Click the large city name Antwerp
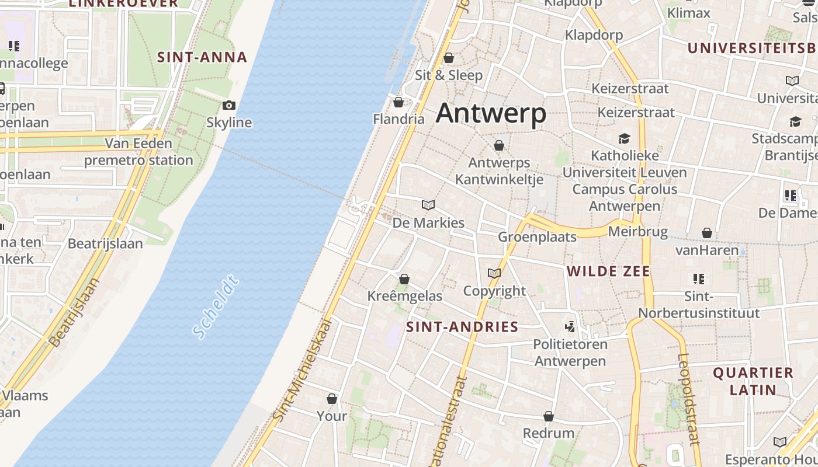(491, 113)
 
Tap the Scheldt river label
(215, 309)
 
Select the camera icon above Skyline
(229, 106)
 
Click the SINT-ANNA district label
(202, 57)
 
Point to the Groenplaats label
(537, 237)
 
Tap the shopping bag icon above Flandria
(398, 103)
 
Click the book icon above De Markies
(428, 205)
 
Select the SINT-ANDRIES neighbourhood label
(462, 327)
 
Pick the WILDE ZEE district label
(608, 271)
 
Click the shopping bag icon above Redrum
(549, 416)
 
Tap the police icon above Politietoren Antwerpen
(570, 326)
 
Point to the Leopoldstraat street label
(689, 399)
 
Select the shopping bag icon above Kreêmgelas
(404, 279)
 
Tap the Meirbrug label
(637, 232)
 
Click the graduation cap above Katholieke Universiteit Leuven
(625, 138)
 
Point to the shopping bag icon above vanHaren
(707, 233)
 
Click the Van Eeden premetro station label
(138, 152)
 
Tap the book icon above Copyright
(494, 273)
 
